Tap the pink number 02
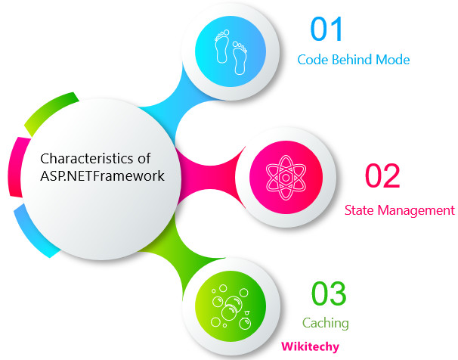pos(382,176)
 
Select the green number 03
pos(329,293)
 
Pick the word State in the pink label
pos(359,209)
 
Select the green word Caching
pos(325,323)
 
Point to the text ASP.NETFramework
pos(101,176)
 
